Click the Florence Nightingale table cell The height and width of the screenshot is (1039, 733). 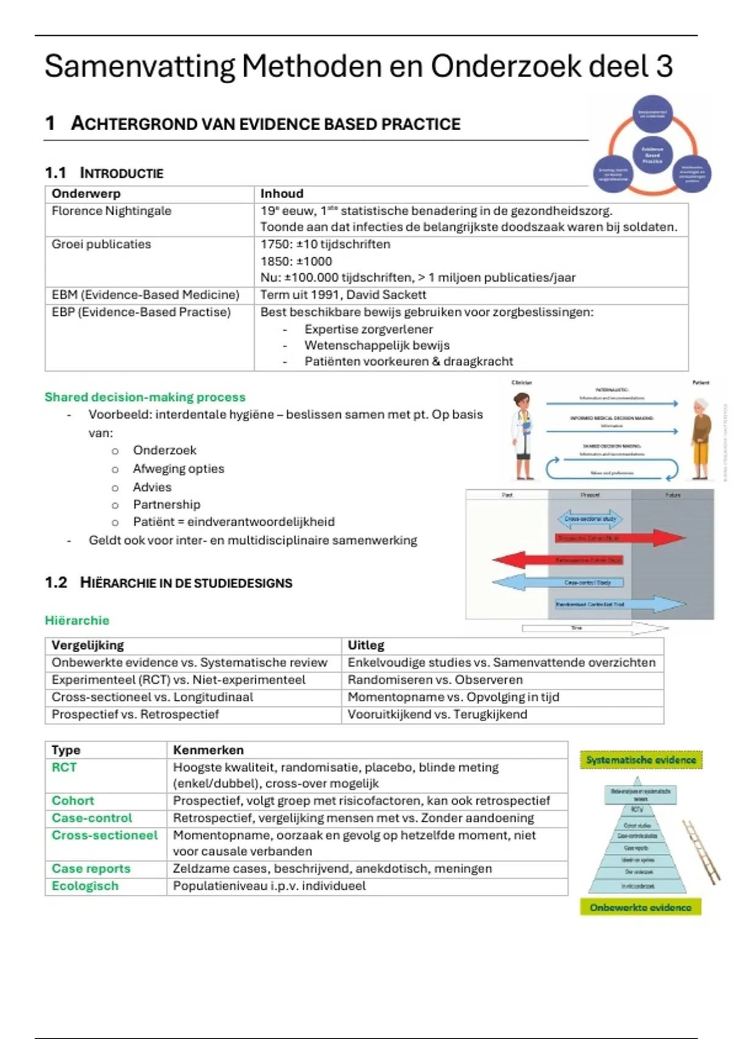tap(111, 211)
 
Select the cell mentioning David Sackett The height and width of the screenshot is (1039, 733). tap(343, 295)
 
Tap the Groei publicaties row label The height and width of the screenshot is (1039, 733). tap(101, 244)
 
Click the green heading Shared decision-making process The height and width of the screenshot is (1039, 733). tap(145, 397)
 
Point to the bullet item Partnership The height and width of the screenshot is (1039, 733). tap(166, 504)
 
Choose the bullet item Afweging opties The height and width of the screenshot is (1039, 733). tap(178, 469)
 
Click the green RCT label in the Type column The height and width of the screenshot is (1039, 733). tap(64, 768)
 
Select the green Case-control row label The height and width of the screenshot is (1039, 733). tap(92, 818)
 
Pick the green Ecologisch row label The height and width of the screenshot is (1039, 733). tap(85, 886)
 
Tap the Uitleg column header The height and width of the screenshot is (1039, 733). tap(366, 645)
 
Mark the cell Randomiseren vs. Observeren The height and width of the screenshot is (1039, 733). tap(435, 680)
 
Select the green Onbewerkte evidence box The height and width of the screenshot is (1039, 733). tap(640, 908)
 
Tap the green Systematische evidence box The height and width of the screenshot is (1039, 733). tap(641, 760)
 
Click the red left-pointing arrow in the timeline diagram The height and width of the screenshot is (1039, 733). tap(525, 559)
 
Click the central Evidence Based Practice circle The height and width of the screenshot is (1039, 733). tap(652, 154)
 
